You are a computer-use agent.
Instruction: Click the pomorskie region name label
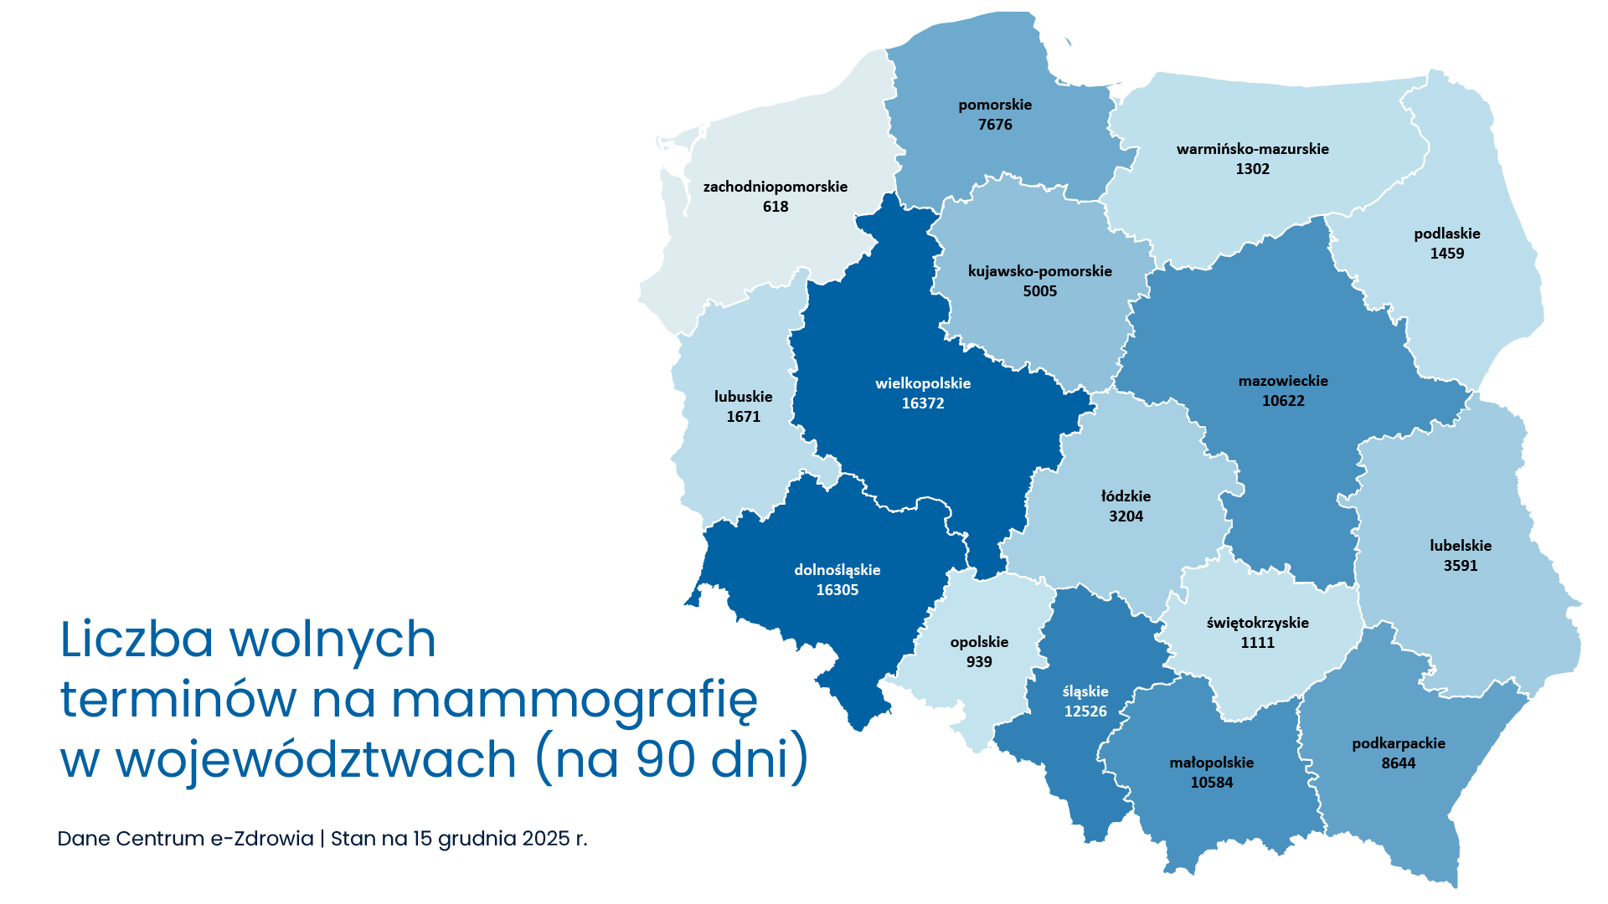point(995,105)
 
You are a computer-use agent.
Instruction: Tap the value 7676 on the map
point(995,125)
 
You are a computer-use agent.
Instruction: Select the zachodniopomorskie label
point(776,187)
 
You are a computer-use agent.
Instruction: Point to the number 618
point(776,207)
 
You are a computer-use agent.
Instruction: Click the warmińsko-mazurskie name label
point(1252,149)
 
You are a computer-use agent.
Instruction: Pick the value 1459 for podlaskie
point(1447,254)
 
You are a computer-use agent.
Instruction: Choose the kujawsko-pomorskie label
point(1040,271)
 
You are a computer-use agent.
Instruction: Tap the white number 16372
point(923,403)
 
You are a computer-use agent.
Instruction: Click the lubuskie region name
point(744,397)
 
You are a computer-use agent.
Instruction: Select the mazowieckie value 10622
point(1283,401)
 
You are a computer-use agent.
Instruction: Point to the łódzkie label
point(1126,496)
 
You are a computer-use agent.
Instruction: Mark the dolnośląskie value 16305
point(837,590)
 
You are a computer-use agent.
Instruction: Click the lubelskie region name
point(1461,546)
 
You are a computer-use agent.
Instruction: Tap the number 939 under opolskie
point(979,662)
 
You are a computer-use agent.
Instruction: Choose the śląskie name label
point(1085,691)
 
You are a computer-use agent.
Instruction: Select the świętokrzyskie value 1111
point(1257,643)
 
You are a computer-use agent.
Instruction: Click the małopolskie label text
point(1212,763)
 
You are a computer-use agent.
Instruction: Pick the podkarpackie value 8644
point(1399,763)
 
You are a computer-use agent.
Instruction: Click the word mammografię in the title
point(575,701)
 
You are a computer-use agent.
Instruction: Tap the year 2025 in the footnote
point(546,839)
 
